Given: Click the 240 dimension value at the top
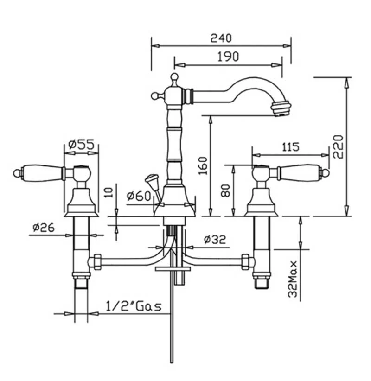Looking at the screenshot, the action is click(221, 38).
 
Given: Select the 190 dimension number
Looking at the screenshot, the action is click(228, 57).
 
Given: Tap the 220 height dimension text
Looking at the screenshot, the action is click(338, 147).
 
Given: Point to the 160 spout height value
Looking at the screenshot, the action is click(203, 166).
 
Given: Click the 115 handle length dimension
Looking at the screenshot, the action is click(291, 147).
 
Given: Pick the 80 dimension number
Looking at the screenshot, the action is click(225, 191).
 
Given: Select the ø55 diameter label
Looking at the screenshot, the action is click(81, 145).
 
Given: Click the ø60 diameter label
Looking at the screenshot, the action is click(139, 196).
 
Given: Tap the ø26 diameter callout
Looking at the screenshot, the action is click(44, 228).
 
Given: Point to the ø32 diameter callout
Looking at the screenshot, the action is click(215, 240).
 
